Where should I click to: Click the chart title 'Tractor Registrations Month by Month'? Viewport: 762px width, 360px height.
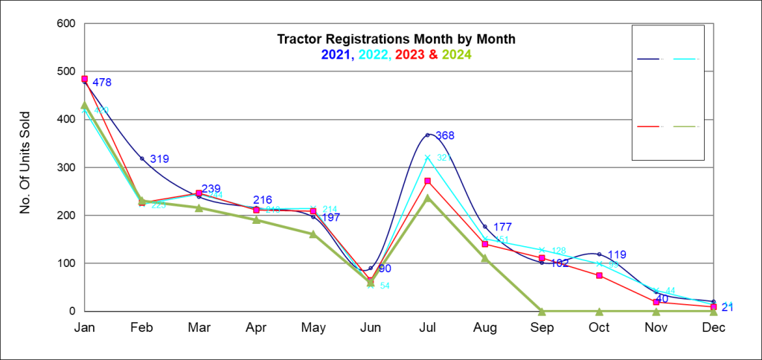coord(396,39)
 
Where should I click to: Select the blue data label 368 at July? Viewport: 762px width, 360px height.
coord(445,135)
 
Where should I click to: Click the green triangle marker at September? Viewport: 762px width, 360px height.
coord(542,311)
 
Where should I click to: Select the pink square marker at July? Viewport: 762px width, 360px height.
coord(427,181)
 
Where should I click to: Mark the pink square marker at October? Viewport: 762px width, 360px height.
coord(599,275)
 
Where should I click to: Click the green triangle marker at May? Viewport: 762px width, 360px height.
coord(313,234)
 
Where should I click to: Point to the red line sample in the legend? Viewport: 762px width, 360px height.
coord(649,126)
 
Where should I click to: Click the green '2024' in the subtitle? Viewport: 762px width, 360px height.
coord(456,54)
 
